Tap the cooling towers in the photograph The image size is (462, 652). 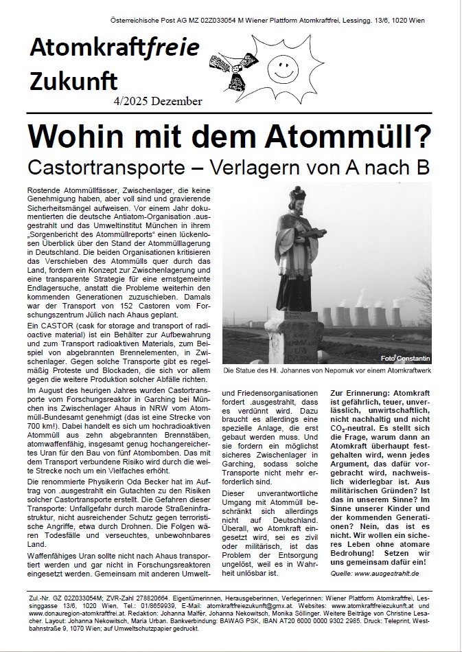tap(374, 313)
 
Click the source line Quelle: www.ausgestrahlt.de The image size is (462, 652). tap(375, 572)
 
